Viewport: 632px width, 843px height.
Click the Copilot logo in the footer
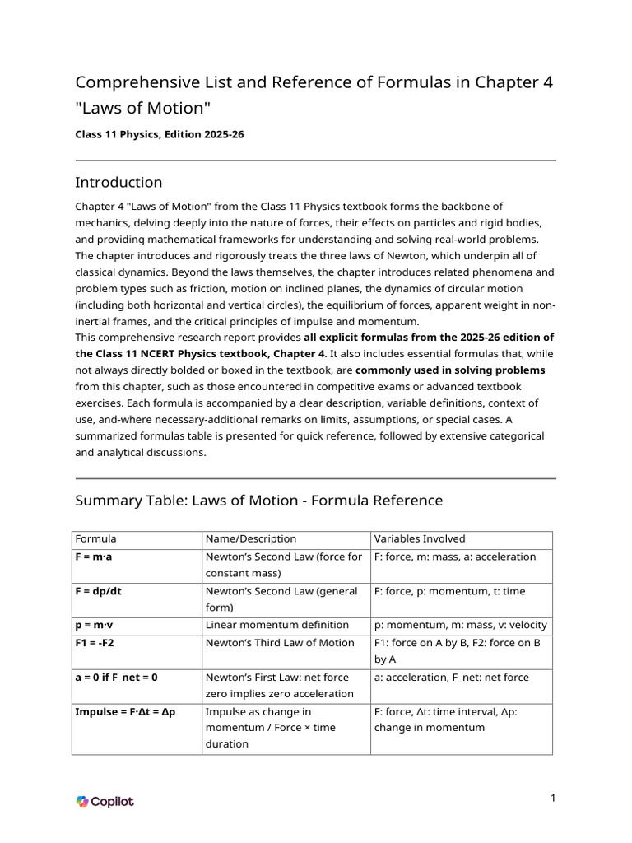coord(105,801)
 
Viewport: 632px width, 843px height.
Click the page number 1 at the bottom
coord(554,798)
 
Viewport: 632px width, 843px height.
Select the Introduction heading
coord(118,182)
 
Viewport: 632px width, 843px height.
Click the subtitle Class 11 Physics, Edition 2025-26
coord(160,134)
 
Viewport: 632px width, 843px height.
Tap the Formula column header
coord(96,538)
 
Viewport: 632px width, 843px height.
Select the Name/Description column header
coord(251,538)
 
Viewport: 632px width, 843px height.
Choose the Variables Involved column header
coord(420,538)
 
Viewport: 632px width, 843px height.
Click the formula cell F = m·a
coord(100,557)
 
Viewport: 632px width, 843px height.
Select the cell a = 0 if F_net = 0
coord(116,677)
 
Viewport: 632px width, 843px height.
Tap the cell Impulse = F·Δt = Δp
coord(129,711)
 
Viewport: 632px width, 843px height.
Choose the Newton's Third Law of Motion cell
coord(280,643)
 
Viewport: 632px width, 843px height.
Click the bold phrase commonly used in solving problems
coord(449,370)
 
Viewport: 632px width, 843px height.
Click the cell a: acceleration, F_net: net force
coord(452,677)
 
